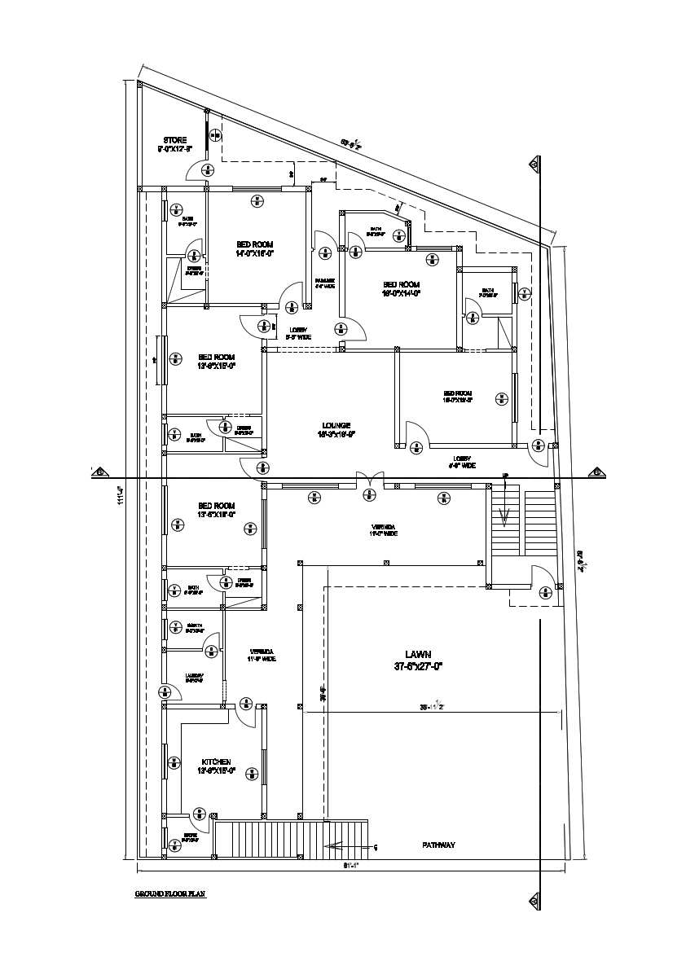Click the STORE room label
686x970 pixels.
coord(175,140)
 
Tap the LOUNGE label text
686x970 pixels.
coord(336,425)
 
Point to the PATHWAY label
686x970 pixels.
coord(438,845)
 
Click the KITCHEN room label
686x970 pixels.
coord(214,762)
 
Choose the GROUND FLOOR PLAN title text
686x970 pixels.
coord(170,894)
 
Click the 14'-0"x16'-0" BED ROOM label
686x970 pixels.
coord(255,244)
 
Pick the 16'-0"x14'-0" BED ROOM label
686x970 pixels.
coord(402,285)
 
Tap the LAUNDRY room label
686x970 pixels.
coord(194,676)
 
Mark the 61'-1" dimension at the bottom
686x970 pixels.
coord(350,866)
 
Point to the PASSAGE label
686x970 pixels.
coord(325,281)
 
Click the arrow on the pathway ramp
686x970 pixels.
coord(334,847)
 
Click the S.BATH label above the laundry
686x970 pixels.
coord(194,625)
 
